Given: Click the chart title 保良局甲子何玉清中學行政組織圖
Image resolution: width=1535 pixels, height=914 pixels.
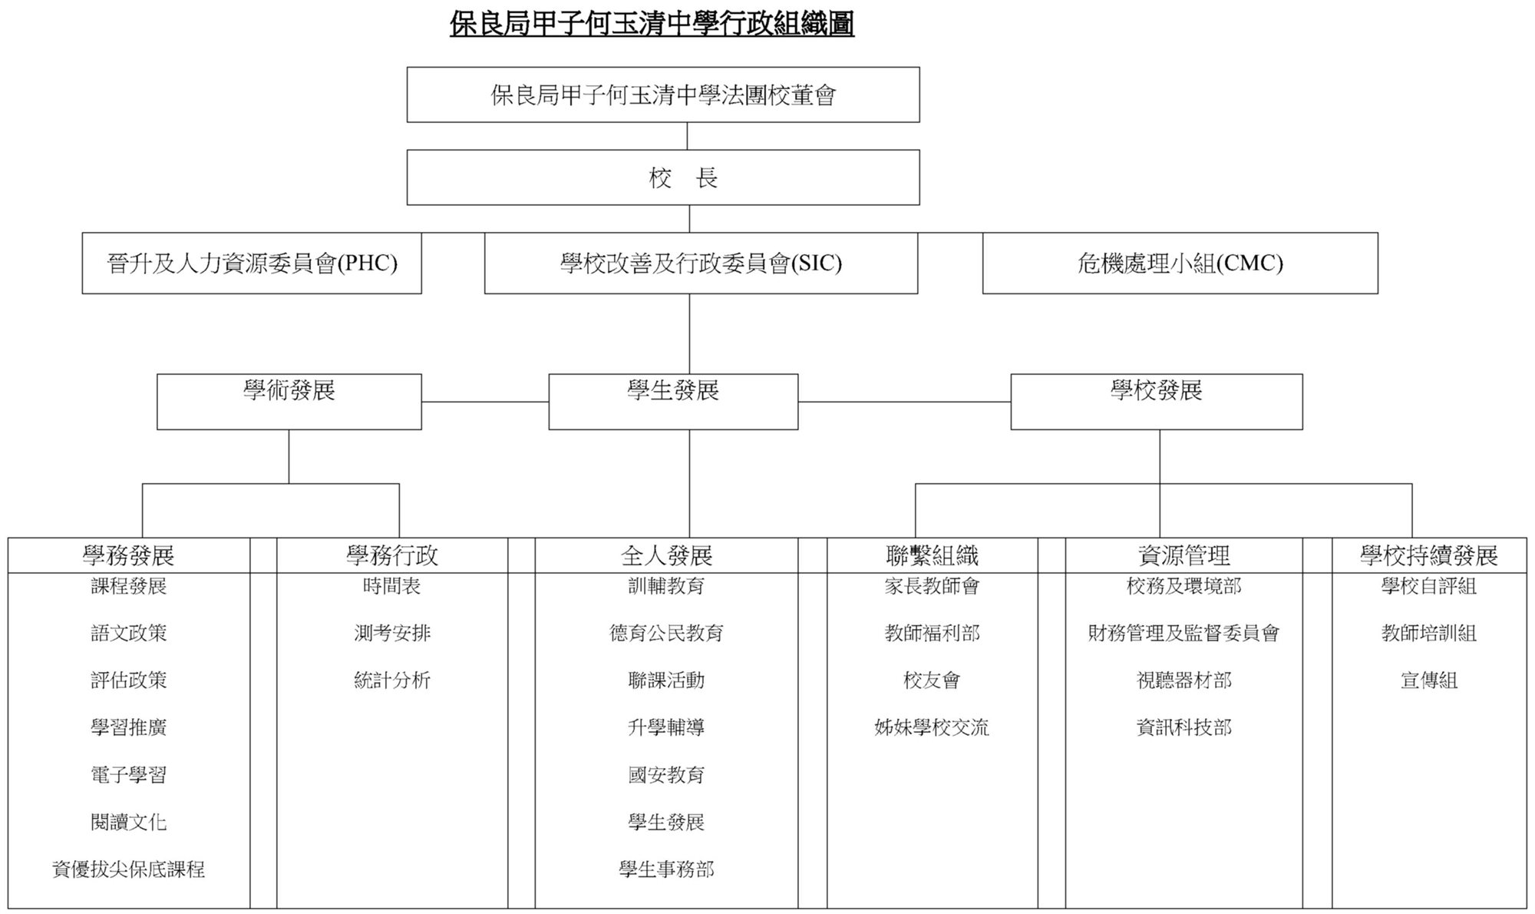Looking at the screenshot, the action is coord(652,24).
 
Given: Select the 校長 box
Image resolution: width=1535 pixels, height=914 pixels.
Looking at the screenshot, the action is coord(663,177).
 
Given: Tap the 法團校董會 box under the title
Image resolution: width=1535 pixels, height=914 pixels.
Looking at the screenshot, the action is coord(663,94).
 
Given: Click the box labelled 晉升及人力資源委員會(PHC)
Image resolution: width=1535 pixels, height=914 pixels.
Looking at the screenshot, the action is coord(252,263).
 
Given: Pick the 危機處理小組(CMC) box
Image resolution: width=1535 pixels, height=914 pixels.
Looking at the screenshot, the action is coord(1180,263).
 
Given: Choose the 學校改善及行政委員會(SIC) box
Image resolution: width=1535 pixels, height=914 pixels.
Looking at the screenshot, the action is coord(701,263).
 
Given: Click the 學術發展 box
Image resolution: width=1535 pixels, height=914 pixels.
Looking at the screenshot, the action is coord(289,402).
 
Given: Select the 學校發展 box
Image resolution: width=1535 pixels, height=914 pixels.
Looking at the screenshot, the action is coord(1157,402).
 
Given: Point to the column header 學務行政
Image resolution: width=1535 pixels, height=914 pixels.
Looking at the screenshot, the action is coord(392,555).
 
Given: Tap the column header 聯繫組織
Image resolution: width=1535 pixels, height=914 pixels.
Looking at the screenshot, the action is coord(933,555).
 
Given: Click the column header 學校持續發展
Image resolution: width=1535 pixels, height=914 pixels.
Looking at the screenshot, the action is coord(1429,555).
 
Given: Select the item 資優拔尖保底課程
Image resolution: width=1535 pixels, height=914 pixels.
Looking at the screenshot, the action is coord(128,869).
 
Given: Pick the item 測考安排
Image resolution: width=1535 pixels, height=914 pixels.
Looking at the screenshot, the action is coord(392,634).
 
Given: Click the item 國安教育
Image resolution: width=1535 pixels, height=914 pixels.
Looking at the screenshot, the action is coord(666,775).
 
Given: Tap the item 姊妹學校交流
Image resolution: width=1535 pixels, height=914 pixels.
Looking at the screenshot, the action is coord(932,727).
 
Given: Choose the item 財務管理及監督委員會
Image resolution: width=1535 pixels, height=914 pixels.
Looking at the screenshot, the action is coord(1183,634).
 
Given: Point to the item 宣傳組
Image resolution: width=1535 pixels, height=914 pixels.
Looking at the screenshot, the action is coord(1429,681).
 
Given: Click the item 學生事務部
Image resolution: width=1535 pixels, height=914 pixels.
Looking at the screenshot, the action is coord(666,869).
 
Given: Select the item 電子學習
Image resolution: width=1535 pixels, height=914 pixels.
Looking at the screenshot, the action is coord(128,775).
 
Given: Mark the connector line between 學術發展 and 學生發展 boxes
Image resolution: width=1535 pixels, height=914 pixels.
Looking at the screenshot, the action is coord(485,402).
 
